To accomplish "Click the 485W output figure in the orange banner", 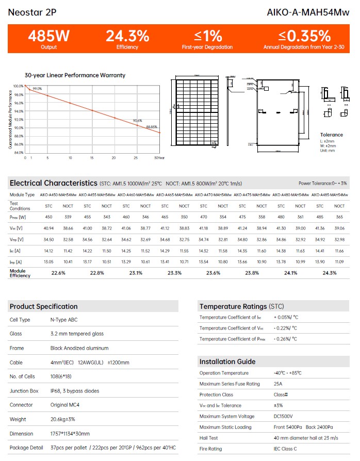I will click(48, 36).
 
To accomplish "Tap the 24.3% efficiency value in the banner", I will click(127, 36).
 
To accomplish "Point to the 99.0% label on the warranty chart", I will click(37, 89).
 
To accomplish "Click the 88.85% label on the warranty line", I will click(152, 126).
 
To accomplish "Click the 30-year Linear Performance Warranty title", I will click(75, 75).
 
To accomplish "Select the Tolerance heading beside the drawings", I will click(331, 135).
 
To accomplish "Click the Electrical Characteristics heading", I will click(53, 183).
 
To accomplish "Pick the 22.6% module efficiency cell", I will click(58, 273).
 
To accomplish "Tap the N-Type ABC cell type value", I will click(64, 320).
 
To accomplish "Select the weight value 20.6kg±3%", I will click(64, 419).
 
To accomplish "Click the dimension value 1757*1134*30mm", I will click(70, 434).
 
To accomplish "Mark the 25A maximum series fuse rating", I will click(278, 384).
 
